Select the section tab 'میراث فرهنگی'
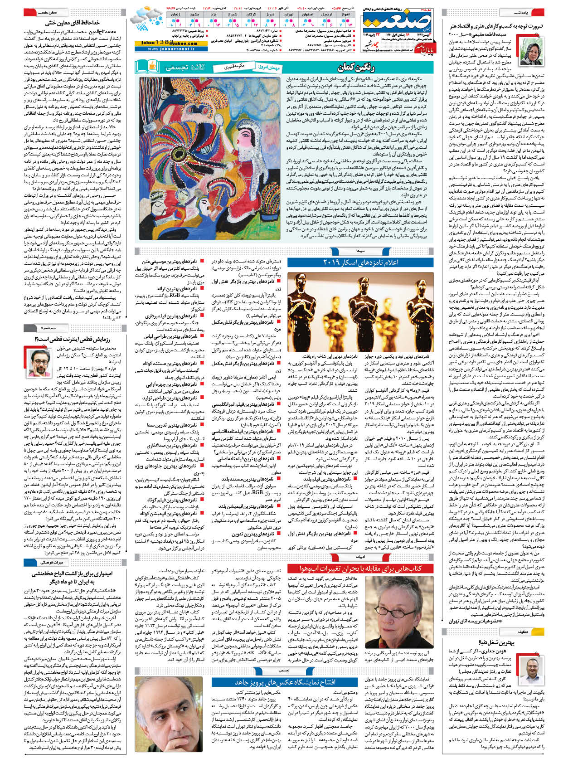(x=47, y=563)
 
